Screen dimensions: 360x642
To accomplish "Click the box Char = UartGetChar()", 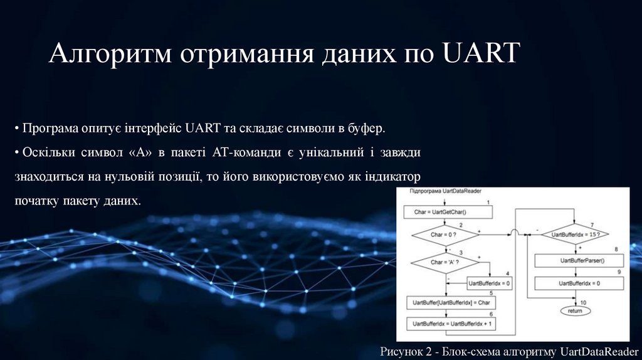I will pos(445,212).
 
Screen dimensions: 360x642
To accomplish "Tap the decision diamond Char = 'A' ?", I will pos(443,262).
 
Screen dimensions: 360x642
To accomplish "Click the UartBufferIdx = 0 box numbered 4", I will pos(490,283).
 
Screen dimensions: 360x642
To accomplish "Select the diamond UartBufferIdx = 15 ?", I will pos(575,235).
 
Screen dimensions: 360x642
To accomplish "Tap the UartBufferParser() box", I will pos(579,260).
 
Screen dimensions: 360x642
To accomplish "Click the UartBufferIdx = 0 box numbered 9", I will pos(579,283).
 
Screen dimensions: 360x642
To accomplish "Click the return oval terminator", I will pos(575,310).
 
